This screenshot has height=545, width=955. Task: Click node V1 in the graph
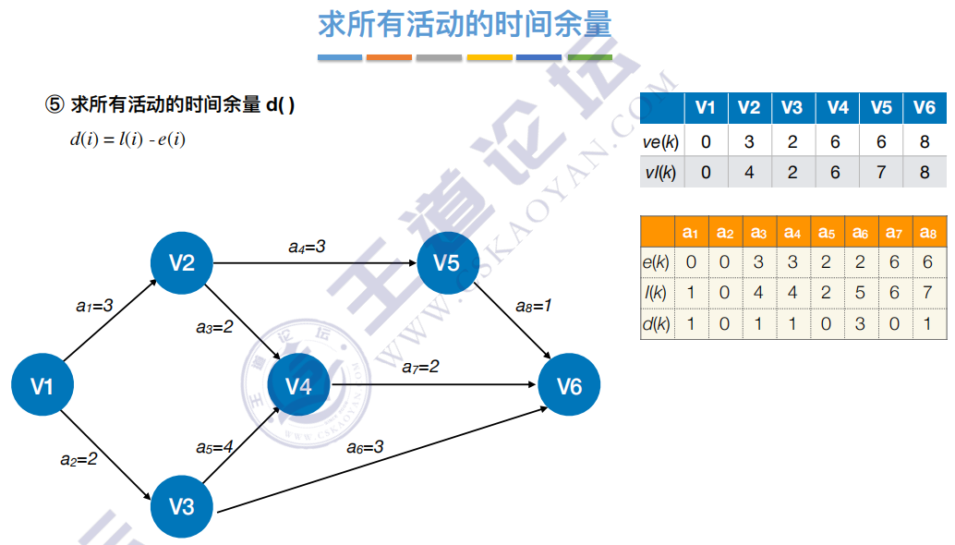pyautogui.click(x=42, y=385)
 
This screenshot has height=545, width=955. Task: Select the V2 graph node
pyautogui.click(x=182, y=263)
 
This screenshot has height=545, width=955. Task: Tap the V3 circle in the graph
pyautogui.click(x=182, y=506)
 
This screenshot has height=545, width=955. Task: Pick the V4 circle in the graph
pyautogui.click(x=298, y=385)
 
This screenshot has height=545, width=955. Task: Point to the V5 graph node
pyautogui.click(x=446, y=263)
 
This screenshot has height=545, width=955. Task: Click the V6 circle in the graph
pyautogui.click(x=569, y=385)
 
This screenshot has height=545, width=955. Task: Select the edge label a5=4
pyautogui.click(x=214, y=447)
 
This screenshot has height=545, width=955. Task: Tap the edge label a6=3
pyautogui.click(x=365, y=447)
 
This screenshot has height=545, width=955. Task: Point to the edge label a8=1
pyautogui.click(x=533, y=304)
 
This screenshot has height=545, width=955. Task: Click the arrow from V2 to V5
pyautogui.click(x=314, y=263)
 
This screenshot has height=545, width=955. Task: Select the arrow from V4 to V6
pyautogui.click(x=434, y=384)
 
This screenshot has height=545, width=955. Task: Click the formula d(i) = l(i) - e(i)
pyautogui.click(x=127, y=140)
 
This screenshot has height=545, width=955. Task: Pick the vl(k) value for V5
pyautogui.click(x=881, y=172)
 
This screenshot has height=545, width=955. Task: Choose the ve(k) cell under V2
pyautogui.click(x=749, y=142)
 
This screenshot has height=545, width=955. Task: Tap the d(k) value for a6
pyautogui.click(x=860, y=324)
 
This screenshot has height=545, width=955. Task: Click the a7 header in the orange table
pyautogui.click(x=894, y=232)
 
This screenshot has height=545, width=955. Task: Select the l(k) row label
pyautogui.click(x=656, y=293)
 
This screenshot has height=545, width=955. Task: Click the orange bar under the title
pyautogui.click(x=389, y=57)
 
